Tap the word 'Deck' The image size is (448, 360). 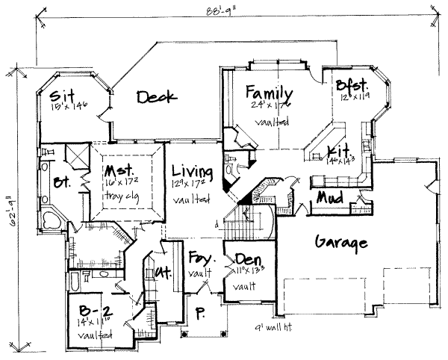coord(155,96)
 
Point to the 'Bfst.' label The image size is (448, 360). coord(350,84)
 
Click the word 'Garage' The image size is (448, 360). coord(340,243)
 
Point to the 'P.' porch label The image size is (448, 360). coord(198,313)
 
